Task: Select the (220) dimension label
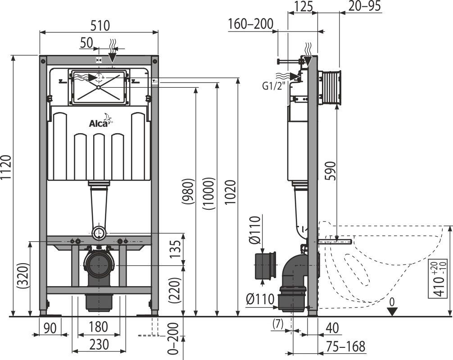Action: tap(176, 291)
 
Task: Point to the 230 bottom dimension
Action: tap(98, 345)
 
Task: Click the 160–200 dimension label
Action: tap(250, 23)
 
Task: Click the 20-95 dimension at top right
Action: tap(364, 6)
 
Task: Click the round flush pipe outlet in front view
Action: tap(100, 233)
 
